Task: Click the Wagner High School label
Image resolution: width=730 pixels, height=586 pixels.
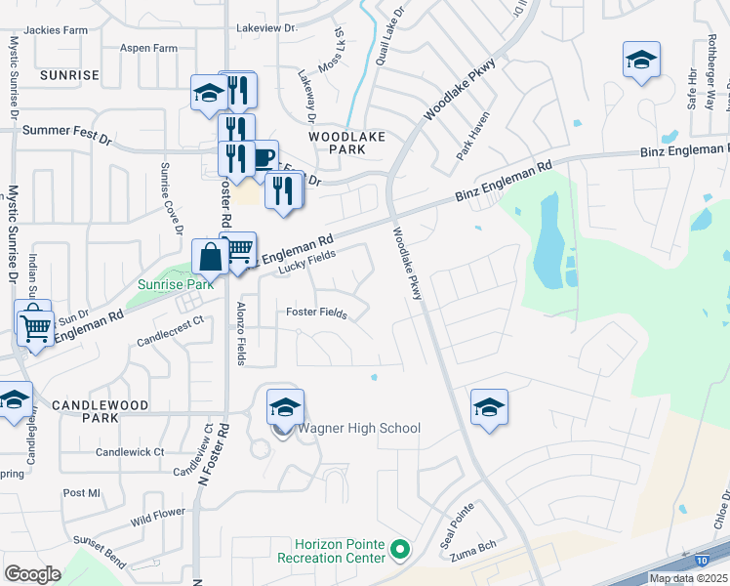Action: (x=360, y=428)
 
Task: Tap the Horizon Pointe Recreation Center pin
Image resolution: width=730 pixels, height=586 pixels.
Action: (x=398, y=551)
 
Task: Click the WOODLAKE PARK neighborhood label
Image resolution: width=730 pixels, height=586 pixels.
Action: (x=347, y=144)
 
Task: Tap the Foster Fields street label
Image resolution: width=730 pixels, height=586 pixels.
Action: (x=315, y=313)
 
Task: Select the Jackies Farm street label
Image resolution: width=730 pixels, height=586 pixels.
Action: (x=56, y=30)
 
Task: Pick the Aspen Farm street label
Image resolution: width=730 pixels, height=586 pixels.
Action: (x=148, y=48)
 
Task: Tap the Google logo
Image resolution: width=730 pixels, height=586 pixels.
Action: (x=32, y=573)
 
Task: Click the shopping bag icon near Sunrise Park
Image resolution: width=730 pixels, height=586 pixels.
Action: (x=211, y=257)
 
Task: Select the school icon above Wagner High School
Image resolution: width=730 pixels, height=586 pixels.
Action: (x=285, y=406)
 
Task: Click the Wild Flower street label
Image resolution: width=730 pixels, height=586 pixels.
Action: (x=157, y=514)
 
